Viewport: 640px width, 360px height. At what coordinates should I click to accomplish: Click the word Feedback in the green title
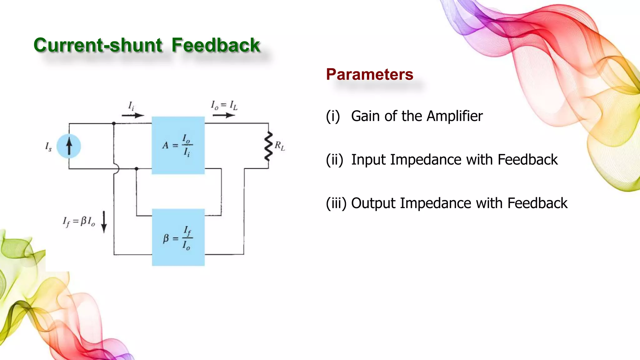point(216,45)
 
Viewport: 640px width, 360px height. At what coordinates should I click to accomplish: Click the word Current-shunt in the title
point(98,45)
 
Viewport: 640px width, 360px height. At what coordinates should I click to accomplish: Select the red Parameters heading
point(369,74)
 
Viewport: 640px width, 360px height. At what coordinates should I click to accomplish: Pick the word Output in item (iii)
point(373,203)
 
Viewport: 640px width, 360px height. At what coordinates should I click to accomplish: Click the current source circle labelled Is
point(69,146)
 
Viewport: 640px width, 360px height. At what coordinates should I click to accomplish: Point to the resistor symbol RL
point(268,146)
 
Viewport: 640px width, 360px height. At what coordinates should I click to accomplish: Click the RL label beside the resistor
point(280,146)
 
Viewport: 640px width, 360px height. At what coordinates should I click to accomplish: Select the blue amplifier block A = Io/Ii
point(178,145)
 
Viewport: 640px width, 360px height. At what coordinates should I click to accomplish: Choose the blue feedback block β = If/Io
point(178,237)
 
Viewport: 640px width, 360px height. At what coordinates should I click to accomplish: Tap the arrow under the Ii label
point(133,116)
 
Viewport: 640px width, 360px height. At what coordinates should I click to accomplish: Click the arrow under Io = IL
point(223,115)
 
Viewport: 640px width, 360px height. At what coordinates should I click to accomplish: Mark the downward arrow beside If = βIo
point(104,222)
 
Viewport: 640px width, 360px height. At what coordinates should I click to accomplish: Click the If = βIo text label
point(79,222)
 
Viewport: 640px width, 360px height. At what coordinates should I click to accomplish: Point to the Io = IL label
point(224,105)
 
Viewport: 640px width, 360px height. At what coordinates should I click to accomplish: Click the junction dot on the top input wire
point(114,124)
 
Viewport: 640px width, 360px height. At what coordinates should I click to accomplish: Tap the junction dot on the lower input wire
point(136,169)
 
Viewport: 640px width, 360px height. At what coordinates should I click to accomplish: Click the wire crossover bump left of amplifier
point(117,169)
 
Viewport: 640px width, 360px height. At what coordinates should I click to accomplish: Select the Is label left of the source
point(48,147)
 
